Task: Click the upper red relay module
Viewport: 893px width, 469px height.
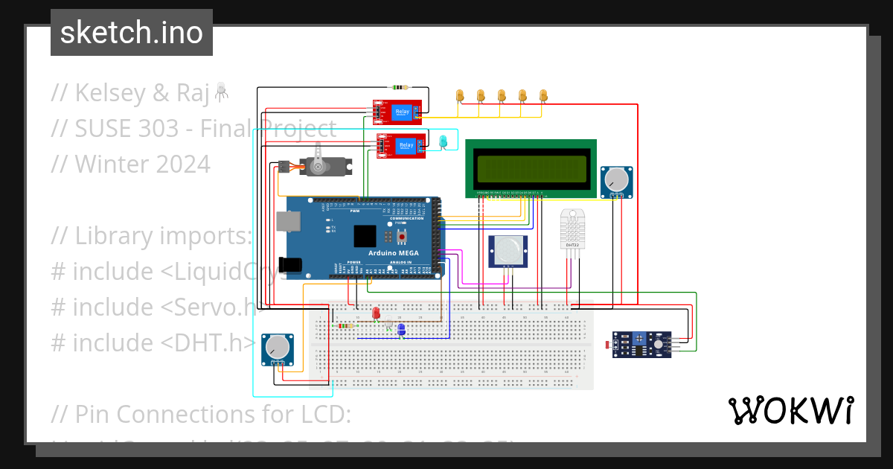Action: [397, 112]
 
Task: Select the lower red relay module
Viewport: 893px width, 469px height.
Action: [401, 145]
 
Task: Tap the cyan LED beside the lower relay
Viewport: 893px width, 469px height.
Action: [444, 141]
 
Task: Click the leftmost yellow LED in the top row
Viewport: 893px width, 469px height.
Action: [460, 95]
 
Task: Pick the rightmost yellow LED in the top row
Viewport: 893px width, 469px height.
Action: [543, 95]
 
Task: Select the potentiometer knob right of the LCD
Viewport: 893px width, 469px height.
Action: [616, 180]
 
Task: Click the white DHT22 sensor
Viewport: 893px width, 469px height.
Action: [572, 229]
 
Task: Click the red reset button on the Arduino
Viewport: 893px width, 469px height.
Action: [403, 237]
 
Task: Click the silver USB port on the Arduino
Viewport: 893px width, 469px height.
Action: [286, 221]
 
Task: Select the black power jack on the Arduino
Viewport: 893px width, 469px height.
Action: [289, 264]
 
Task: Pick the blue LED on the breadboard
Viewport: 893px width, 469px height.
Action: [401, 328]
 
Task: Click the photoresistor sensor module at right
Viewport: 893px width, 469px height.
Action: [641, 344]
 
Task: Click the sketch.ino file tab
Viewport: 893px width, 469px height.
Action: [132, 33]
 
